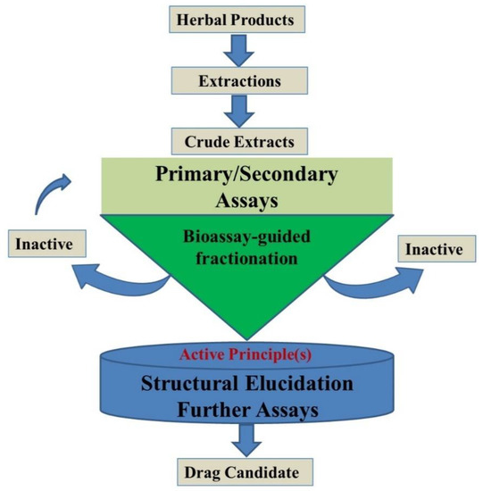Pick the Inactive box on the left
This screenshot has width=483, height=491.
click(43, 242)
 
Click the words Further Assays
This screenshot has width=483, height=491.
click(246, 412)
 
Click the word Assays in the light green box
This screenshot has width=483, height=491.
click(246, 200)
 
